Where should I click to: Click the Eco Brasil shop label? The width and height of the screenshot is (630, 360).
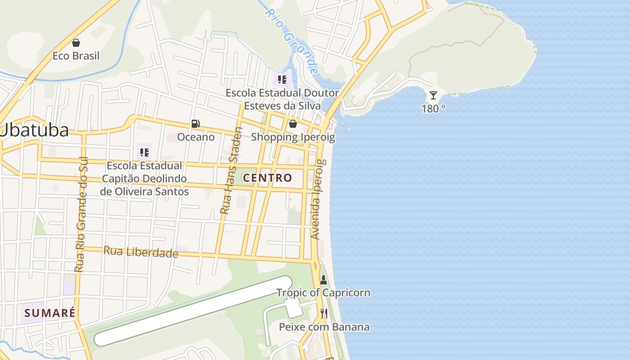tap(76, 56)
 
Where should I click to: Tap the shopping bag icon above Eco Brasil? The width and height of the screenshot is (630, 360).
tap(76, 43)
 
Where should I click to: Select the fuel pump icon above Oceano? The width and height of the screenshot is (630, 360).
tap(196, 124)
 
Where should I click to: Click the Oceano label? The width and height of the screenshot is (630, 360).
tap(196, 137)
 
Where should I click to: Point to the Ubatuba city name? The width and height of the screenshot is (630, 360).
tap(35, 130)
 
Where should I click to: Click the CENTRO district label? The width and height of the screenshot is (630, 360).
tap(268, 178)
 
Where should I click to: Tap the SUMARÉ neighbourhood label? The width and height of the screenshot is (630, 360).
tap(49, 313)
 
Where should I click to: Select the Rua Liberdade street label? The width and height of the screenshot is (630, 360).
tap(141, 252)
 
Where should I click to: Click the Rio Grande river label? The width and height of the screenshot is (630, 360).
tap(292, 40)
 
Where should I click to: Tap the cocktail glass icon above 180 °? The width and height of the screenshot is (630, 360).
tap(433, 95)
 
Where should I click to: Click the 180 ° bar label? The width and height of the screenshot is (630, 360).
tap(433, 108)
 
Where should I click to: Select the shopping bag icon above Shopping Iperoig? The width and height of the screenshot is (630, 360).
tap(293, 124)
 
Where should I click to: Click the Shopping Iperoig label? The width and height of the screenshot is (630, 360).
tap(293, 137)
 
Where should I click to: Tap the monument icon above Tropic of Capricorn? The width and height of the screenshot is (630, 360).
tap(323, 279)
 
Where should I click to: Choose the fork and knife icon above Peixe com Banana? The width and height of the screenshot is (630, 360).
tap(324, 314)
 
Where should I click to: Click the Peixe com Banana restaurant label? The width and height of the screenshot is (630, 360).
tap(324, 327)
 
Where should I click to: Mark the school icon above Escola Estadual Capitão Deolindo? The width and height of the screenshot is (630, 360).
tap(144, 153)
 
